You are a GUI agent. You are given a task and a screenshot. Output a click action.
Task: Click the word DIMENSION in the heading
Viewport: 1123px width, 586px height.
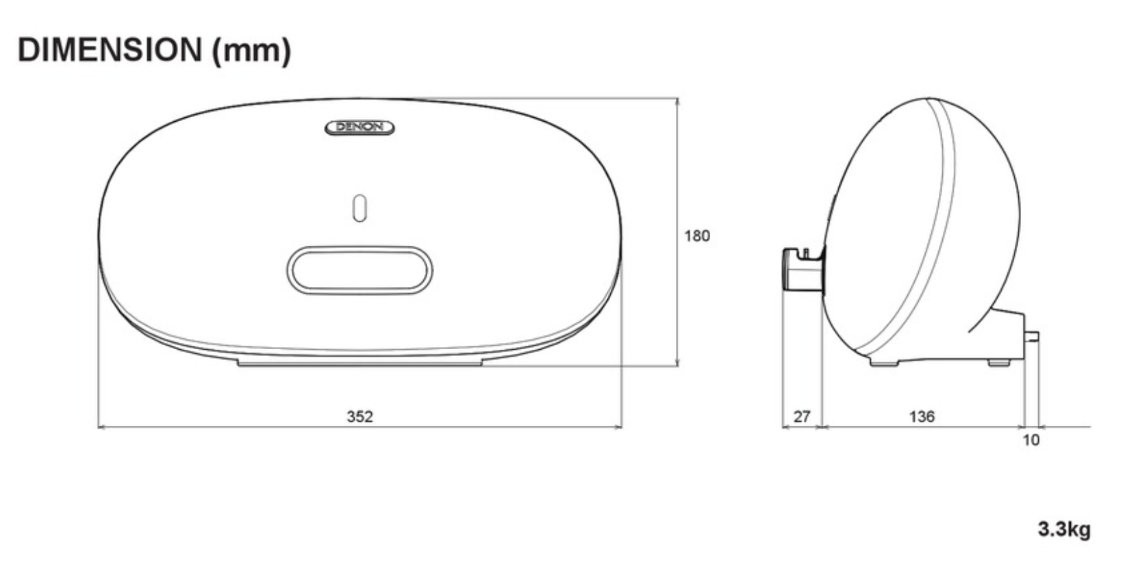(110, 50)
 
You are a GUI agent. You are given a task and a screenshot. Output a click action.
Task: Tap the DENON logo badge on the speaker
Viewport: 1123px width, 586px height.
(359, 127)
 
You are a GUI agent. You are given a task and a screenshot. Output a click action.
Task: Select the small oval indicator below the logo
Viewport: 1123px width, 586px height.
(359, 207)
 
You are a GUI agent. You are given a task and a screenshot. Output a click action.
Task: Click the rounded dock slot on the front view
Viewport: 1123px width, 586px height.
(359, 270)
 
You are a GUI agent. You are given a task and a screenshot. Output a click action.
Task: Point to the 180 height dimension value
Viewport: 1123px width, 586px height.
(697, 235)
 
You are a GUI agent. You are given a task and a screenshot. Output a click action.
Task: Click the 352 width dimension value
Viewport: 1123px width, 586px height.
(359, 416)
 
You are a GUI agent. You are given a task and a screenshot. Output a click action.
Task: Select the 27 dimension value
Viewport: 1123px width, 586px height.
(802, 416)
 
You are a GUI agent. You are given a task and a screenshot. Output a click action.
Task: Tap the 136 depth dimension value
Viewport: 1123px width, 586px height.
(922, 416)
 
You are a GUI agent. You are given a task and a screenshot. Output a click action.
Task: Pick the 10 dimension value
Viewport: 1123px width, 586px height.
(1031, 440)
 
